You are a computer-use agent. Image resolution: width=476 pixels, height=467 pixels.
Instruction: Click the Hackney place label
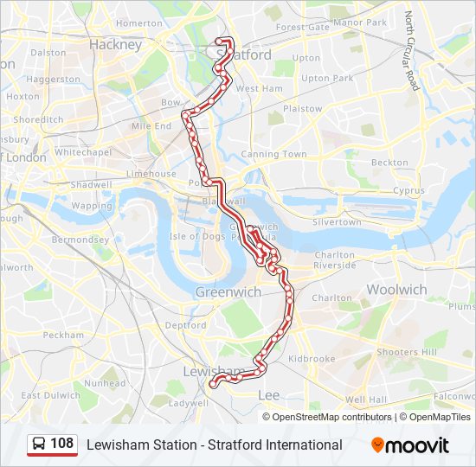[115, 44]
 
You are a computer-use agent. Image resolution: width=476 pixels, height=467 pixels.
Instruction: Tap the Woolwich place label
[396, 289]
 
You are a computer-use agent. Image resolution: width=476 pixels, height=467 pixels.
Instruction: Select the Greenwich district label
[228, 292]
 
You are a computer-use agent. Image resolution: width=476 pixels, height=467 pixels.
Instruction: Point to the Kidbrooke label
[311, 358]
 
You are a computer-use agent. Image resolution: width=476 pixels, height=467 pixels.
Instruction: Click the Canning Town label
[273, 155]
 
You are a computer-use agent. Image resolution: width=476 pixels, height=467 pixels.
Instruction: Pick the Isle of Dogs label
[196, 236]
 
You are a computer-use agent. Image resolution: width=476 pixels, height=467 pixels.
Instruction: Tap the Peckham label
[63, 335]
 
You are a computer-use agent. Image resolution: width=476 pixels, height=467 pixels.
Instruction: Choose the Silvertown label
[337, 222]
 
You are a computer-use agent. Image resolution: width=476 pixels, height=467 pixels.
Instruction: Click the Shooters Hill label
[407, 352]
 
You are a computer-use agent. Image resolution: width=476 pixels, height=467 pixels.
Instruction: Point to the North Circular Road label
[412, 51]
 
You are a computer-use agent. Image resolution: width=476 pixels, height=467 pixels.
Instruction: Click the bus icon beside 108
[39, 445]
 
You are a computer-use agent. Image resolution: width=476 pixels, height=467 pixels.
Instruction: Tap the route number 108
[61, 444]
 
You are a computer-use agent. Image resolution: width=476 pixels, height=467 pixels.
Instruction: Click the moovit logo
[410, 445]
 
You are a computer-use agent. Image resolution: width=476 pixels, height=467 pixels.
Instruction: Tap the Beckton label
[389, 163]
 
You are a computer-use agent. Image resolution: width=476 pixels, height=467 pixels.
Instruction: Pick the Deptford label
[186, 326]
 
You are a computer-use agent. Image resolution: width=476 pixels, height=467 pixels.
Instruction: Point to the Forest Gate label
[302, 27]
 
